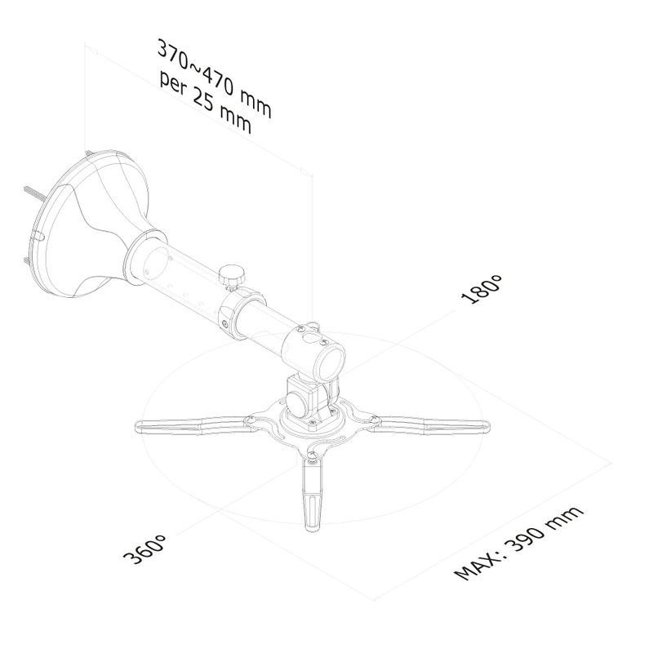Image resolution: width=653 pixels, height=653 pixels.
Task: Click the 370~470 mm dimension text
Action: (x=214, y=78)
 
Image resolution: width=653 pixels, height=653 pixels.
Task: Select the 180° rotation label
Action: (x=482, y=290)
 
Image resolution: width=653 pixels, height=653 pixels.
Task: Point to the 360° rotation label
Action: (x=145, y=549)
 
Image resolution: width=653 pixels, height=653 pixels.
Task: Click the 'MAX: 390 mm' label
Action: (x=518, y=543)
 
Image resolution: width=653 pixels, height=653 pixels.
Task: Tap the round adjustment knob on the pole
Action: (x=232, y=277)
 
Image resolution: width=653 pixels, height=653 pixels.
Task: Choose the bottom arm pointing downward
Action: (x=313, y=494)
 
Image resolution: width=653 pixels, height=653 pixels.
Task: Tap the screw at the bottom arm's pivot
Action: (x=313, y=460)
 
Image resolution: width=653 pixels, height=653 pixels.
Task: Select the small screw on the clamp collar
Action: (x=225, y=323)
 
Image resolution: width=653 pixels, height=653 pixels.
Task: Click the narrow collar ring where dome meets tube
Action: (x=140, y=258)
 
